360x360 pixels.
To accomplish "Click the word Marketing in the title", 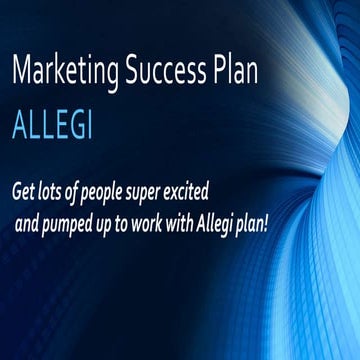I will [67, 72].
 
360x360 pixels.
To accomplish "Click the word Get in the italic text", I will [26, 189].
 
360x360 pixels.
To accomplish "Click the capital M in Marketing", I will [23, 72].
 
